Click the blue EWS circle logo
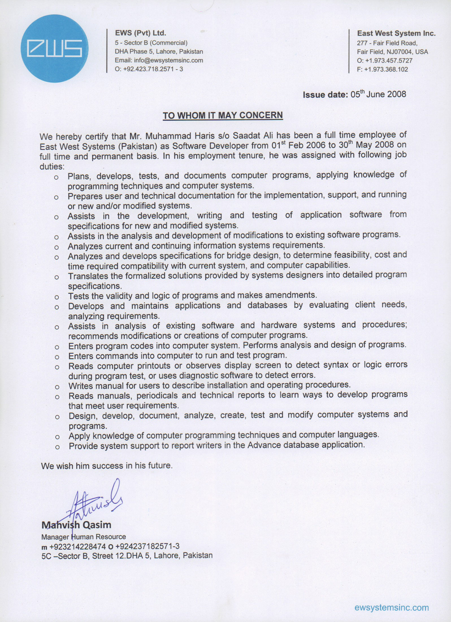pos(55,48)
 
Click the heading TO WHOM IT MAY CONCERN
pos(223,115)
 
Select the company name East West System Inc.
pos(396,33)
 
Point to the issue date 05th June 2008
pos(378,94)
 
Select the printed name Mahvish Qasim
pos(76,525)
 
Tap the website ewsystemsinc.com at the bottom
pos(391,607)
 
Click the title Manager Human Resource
pos(84,537)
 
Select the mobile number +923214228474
pos(78,546)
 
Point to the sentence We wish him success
pos(107,466)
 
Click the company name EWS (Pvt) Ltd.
pos(140,33)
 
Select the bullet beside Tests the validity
pos(57,297)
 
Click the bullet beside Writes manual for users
pos(57,387)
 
